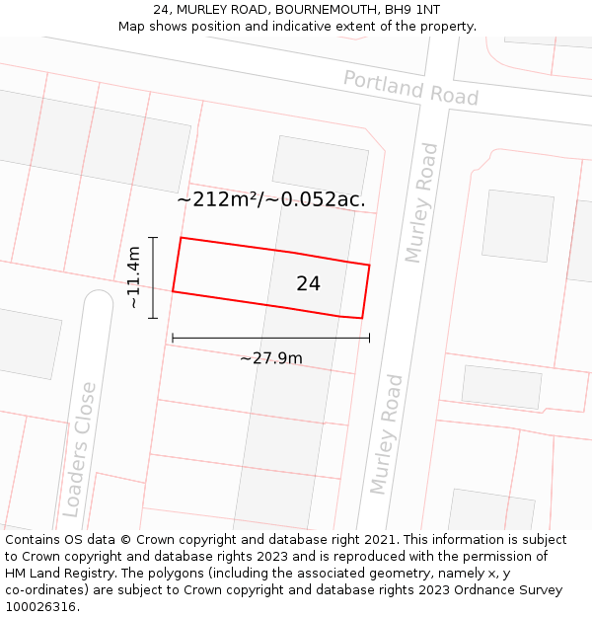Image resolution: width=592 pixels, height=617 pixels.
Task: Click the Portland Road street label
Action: [410, 88]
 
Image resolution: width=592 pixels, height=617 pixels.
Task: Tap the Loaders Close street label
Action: [78, 449]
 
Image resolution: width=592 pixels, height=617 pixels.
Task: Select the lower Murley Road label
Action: [387, 434]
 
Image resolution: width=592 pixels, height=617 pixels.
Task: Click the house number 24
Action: [308, 283]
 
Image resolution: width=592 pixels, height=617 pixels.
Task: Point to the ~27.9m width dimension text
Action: [270, 358]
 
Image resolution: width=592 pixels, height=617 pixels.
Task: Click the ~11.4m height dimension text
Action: [133, 277]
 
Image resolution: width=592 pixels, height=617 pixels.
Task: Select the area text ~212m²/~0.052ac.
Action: [271, 199]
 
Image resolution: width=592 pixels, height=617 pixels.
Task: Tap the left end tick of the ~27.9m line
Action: [173, 338]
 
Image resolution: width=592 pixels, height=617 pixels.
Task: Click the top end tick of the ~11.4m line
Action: [153, 238]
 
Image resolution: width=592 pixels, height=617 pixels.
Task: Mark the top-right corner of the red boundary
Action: [369, 265]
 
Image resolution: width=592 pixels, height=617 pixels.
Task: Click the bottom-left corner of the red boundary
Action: [173, 291]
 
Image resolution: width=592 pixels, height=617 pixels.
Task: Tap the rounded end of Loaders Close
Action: [98, 297]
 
